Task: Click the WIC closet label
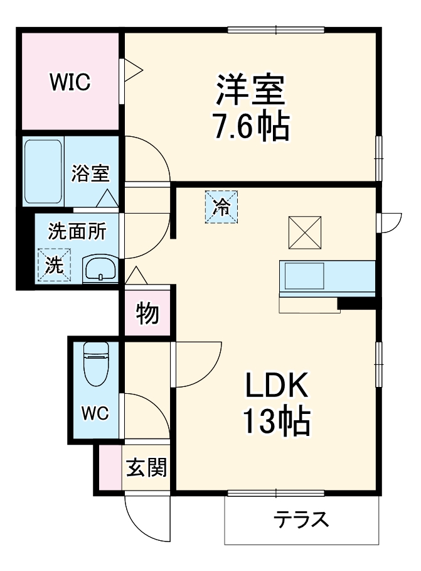(x=70, y=81)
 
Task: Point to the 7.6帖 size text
(x=252, y=128)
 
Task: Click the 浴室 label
(x=90, y=173)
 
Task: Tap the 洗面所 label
(x=77, y=231)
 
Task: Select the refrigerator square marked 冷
(x=221, y=206)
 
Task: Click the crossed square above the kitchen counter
(x=305, y=232)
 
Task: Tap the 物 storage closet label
(x=147, y=313)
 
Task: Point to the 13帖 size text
(x=275, y=423)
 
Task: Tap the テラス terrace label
(x=301, y=520)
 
